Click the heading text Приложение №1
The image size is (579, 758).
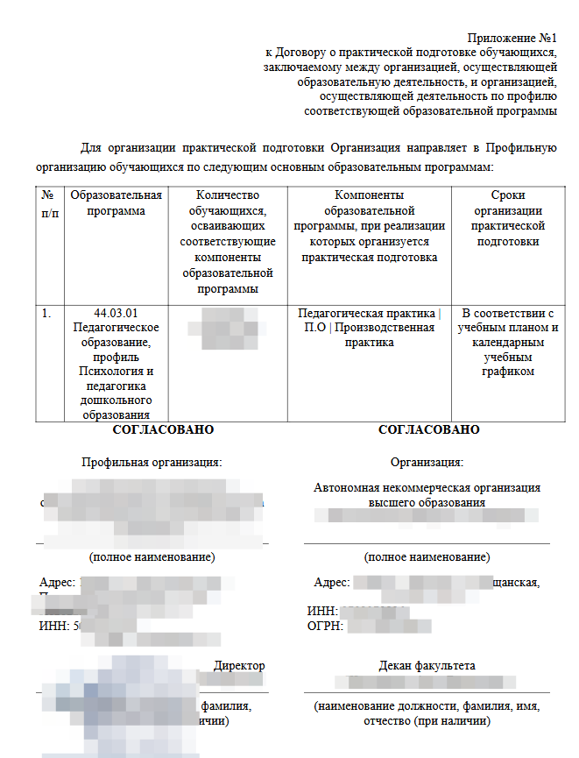512,39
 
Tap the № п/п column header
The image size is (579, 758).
50,203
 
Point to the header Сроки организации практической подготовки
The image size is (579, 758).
507,218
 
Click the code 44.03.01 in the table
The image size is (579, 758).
116,313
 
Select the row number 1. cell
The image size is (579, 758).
47,313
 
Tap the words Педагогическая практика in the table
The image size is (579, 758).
366,313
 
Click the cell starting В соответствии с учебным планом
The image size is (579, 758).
508,342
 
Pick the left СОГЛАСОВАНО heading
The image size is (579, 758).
163,430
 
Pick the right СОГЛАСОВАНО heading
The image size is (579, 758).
428,430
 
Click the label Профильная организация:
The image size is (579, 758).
152,462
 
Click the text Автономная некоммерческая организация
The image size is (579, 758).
427,488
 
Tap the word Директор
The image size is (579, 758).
239,666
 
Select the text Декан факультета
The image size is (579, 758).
427,666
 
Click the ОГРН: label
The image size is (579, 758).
324,626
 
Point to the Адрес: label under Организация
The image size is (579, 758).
332,583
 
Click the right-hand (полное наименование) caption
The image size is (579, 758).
427,557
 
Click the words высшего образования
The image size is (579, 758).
427,503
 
